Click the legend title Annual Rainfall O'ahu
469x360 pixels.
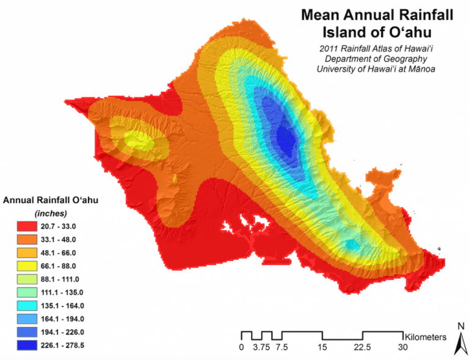click(51, 200)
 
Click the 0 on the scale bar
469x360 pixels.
click(241, 347)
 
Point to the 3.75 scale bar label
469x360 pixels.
click(261, 347)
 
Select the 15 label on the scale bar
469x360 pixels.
click(322, 347)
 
